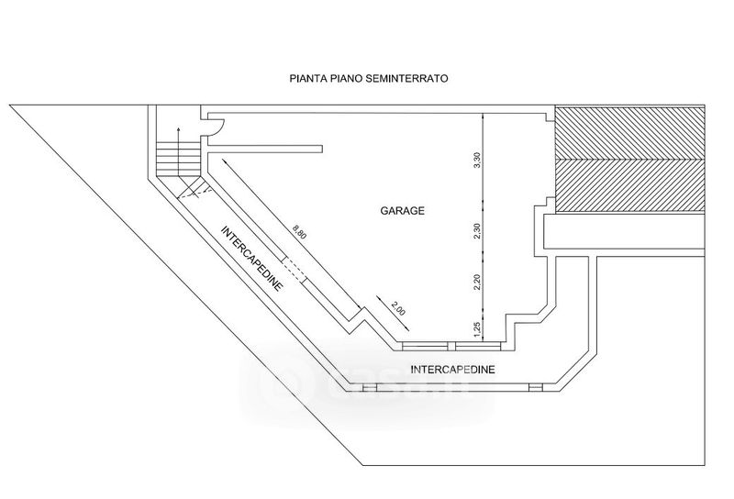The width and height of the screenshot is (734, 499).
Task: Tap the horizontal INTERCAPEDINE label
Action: [x=453, y=370]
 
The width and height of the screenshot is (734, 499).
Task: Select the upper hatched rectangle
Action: [x=631, y=135]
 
